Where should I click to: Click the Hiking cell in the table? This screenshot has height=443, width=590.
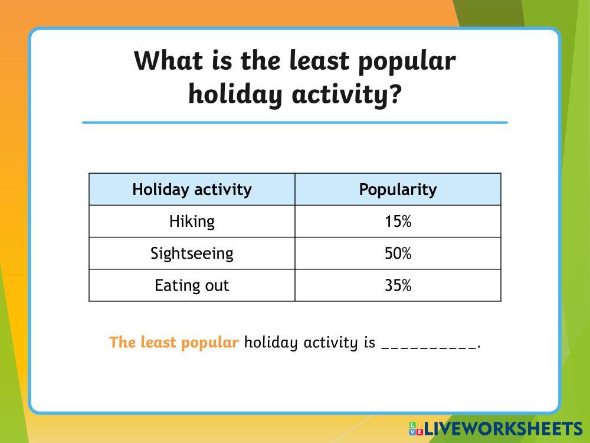tap(192, 221)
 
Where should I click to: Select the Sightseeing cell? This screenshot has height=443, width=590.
tap(192, 253)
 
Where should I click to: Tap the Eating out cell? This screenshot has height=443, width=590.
tap(192, 285)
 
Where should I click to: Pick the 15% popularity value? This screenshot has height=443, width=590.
tap(398, 221)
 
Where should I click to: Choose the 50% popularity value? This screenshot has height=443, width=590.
tap(398, 253)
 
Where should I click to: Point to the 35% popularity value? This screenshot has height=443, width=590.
tap(398, 285)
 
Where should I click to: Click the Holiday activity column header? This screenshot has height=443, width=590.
tap(192, 190)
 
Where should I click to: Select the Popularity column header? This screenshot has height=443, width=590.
tap(398, 190)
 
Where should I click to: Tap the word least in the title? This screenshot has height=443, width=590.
tap(319, 60)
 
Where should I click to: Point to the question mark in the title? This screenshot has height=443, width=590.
tap(394, 93)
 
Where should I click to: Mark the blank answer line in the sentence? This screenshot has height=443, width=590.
tap(429, 347)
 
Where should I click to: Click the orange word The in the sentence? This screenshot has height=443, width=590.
tap(122, 342)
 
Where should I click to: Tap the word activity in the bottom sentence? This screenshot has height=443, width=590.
tap(330, 343)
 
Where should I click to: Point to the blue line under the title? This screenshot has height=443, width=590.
tap(295, 122)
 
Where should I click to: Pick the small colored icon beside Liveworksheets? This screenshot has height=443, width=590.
tap(416, 429)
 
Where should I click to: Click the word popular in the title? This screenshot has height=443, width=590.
tap(407, 62)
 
